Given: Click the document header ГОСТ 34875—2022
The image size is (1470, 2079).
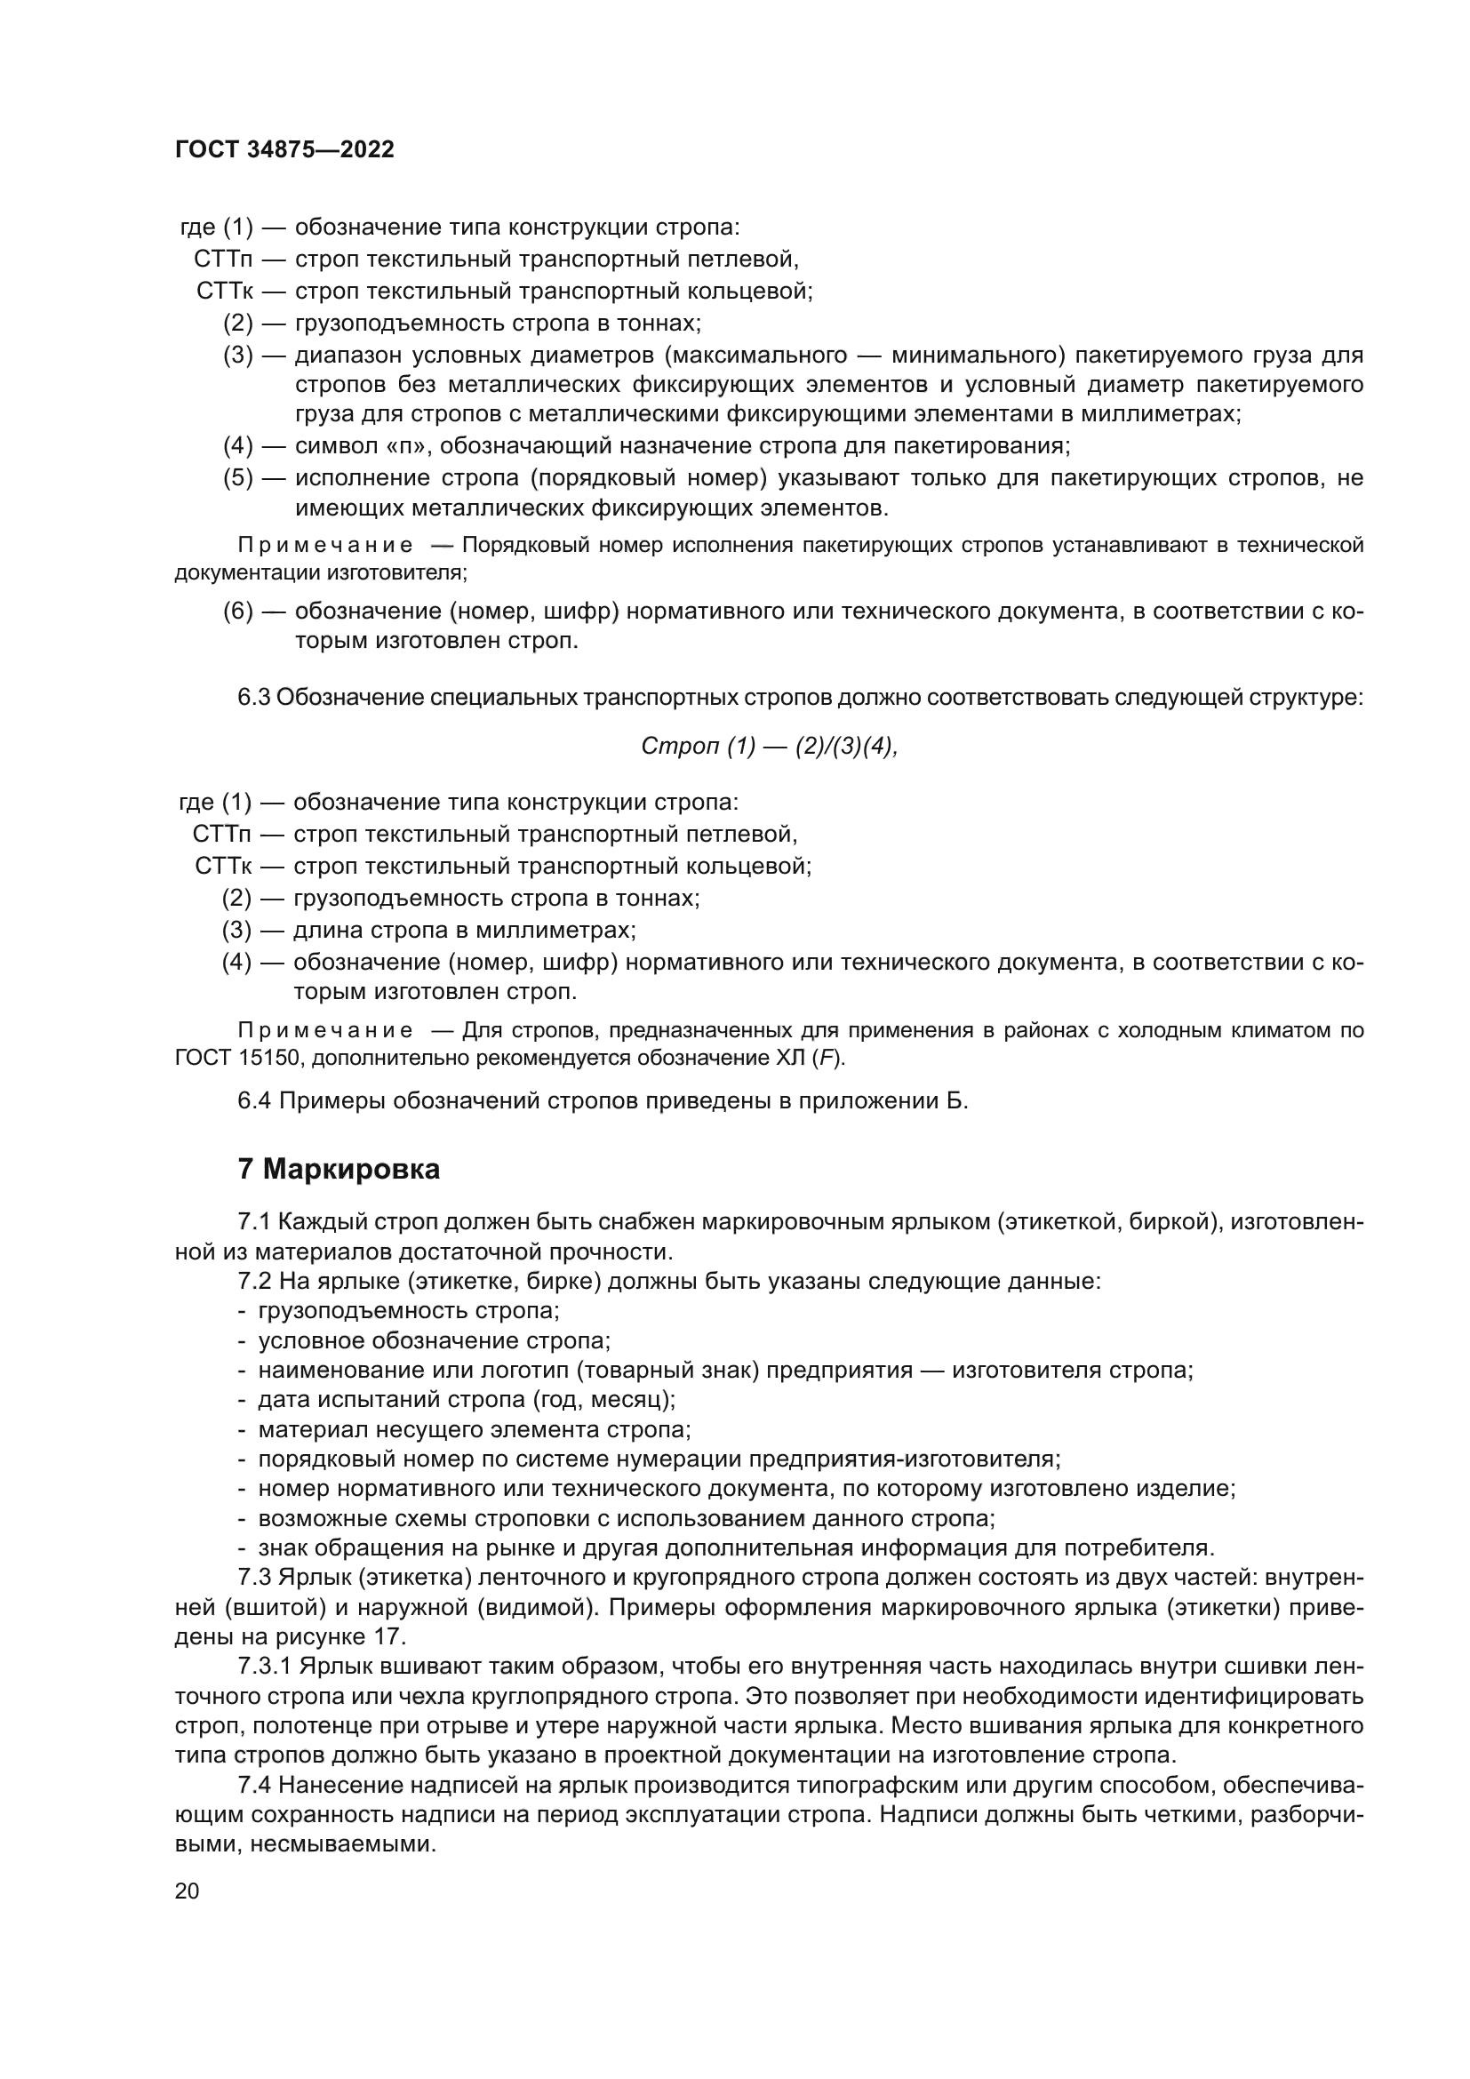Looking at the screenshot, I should [284, 150].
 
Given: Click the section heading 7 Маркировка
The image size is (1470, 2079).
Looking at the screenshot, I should [339, 1169].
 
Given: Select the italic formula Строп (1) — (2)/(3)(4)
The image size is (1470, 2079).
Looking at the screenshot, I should [769, 746].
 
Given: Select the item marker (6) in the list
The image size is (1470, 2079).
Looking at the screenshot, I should [238, 612].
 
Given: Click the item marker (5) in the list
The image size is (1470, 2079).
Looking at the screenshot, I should [238, 477].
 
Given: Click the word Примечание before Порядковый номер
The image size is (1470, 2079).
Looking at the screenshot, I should [325, 545].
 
